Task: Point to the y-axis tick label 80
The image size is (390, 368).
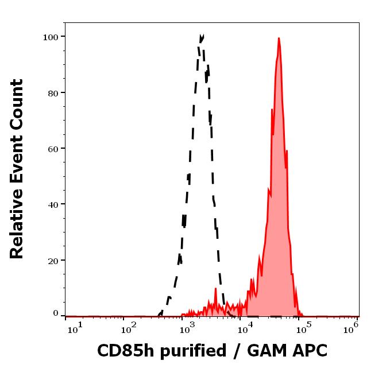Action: pos(52,92)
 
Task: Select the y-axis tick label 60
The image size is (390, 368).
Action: pos(52,148)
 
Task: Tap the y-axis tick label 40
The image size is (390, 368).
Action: pos(52,204)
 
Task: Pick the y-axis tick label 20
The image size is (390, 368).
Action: pos(52,260)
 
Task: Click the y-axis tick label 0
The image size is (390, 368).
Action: pos(55,313)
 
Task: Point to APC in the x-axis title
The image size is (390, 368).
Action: pos(309,351)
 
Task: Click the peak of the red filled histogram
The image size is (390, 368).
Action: pos(279,38)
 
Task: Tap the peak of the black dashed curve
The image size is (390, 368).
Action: pos(202,36)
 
